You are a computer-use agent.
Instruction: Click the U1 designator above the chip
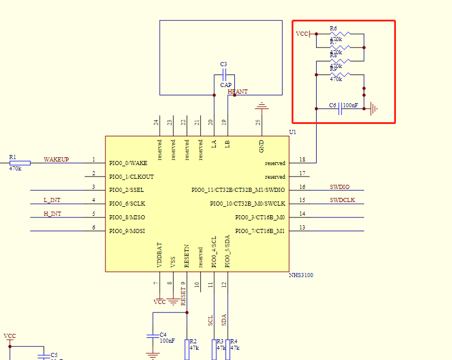point(292,132)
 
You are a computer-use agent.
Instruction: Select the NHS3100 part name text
point(301,275)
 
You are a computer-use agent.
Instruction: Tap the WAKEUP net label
point(56,160)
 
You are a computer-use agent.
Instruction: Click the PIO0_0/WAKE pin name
point(128,163)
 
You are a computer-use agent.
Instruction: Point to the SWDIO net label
point(340,187)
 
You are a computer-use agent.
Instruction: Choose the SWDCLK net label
point(342,200)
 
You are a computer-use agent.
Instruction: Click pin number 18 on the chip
point(302,160)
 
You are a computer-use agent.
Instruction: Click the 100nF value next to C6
point(350,105)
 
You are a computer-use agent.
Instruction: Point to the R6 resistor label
point(333,28)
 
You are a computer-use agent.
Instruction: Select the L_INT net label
point(52,200)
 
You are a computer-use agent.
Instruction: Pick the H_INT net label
point(52,214)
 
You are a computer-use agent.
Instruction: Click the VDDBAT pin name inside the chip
point(159,253)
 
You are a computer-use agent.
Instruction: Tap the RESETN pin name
point(187,255)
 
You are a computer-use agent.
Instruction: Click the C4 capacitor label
point(163,334)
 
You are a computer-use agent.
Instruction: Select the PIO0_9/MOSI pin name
point(127,231)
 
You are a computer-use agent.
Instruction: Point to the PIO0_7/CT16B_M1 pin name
point(260,231)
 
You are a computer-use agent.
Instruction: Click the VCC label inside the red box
point(302,34)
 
